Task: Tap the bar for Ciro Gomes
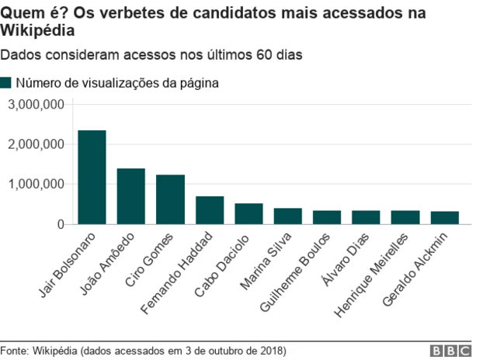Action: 170,199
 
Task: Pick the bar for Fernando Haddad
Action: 209,210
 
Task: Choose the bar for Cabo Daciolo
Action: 248,214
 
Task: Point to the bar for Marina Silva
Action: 287,216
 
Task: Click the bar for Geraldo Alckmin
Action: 444,218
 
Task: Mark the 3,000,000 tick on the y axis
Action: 36,104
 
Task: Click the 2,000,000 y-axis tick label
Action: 36,144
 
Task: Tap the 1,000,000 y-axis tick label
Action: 36,185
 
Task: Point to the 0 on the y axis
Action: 59,224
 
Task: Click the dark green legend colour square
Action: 6,82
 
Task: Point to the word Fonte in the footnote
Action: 14,351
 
